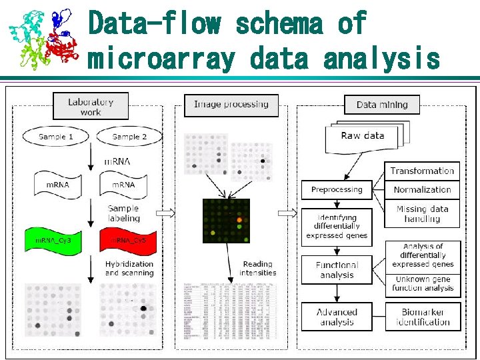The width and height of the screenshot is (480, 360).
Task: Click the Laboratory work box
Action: (x=91, y=107)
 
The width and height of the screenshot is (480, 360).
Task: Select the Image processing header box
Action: (x=231, y=105)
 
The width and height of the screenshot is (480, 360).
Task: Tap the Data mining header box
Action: (x=382, y=105)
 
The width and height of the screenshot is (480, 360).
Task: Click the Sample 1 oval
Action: (x=55, y=137)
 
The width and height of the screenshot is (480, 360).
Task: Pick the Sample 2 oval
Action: (x=129, y=137)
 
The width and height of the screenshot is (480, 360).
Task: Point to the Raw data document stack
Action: (x=364, y=137)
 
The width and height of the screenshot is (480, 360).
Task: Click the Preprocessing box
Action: (x=337, y=189)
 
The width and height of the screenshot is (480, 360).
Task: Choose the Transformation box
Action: (x=422, y=171)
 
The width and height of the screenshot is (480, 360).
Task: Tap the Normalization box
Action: (x=422, y=189)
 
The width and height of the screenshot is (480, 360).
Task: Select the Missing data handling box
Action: (x=422, y=213)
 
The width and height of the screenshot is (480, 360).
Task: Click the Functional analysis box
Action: (x=337, y=269)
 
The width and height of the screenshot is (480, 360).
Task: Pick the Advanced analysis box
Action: (x=337, y=317)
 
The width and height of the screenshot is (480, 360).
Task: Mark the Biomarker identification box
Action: (x=423, y=317)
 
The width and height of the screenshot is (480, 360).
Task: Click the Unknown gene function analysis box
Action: (x=423, y=284)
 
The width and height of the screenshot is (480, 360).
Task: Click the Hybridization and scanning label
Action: (x=129, y=268)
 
